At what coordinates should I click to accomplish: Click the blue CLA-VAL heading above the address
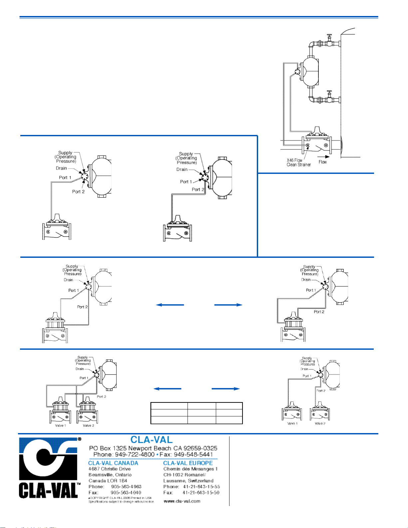pos(152,440)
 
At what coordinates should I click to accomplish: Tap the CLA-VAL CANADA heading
pos(113,463)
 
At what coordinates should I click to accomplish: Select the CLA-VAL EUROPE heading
pos(188,463)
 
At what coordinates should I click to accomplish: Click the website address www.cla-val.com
pos(182,501)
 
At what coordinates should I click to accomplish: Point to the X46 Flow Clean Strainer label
pos(298,162)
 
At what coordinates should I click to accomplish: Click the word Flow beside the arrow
pos(322,162)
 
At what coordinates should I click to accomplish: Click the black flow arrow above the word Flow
pos(323,157)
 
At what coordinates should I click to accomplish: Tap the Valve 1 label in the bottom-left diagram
pos(60,425)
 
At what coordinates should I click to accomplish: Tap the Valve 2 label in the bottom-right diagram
pos(320,423)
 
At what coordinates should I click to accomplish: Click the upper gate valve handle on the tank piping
pos(330,37)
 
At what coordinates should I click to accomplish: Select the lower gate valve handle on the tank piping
pos(330,92)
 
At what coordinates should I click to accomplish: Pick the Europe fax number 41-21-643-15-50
pos(201,492)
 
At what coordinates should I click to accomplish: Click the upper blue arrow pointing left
pos(170,305)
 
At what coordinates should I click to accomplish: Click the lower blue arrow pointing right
pos(226,389)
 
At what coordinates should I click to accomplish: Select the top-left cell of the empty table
pos(169,406)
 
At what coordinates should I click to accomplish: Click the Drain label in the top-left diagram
pos(61,168)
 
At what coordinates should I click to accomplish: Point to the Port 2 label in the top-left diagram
pos(78,192)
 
